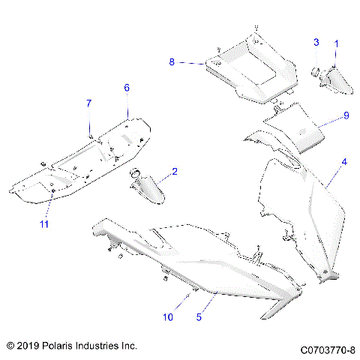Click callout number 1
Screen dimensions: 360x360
pyautogui.click(x=336, y=44)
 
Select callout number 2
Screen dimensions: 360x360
pyautogui.click(x=175, y=172)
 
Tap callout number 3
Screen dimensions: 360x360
pyautogui.click(x=316, y=41)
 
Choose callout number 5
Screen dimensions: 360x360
pyautogui.click(x=199, y=317)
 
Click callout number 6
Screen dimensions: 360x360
pyautogui.click(x=127, y=88)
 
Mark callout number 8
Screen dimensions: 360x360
pyautogui.click(x=172, y=62)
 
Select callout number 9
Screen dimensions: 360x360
pyautogui.click(x=346, y=115)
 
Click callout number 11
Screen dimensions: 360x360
pyautogui.click(x=43, y=223)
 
